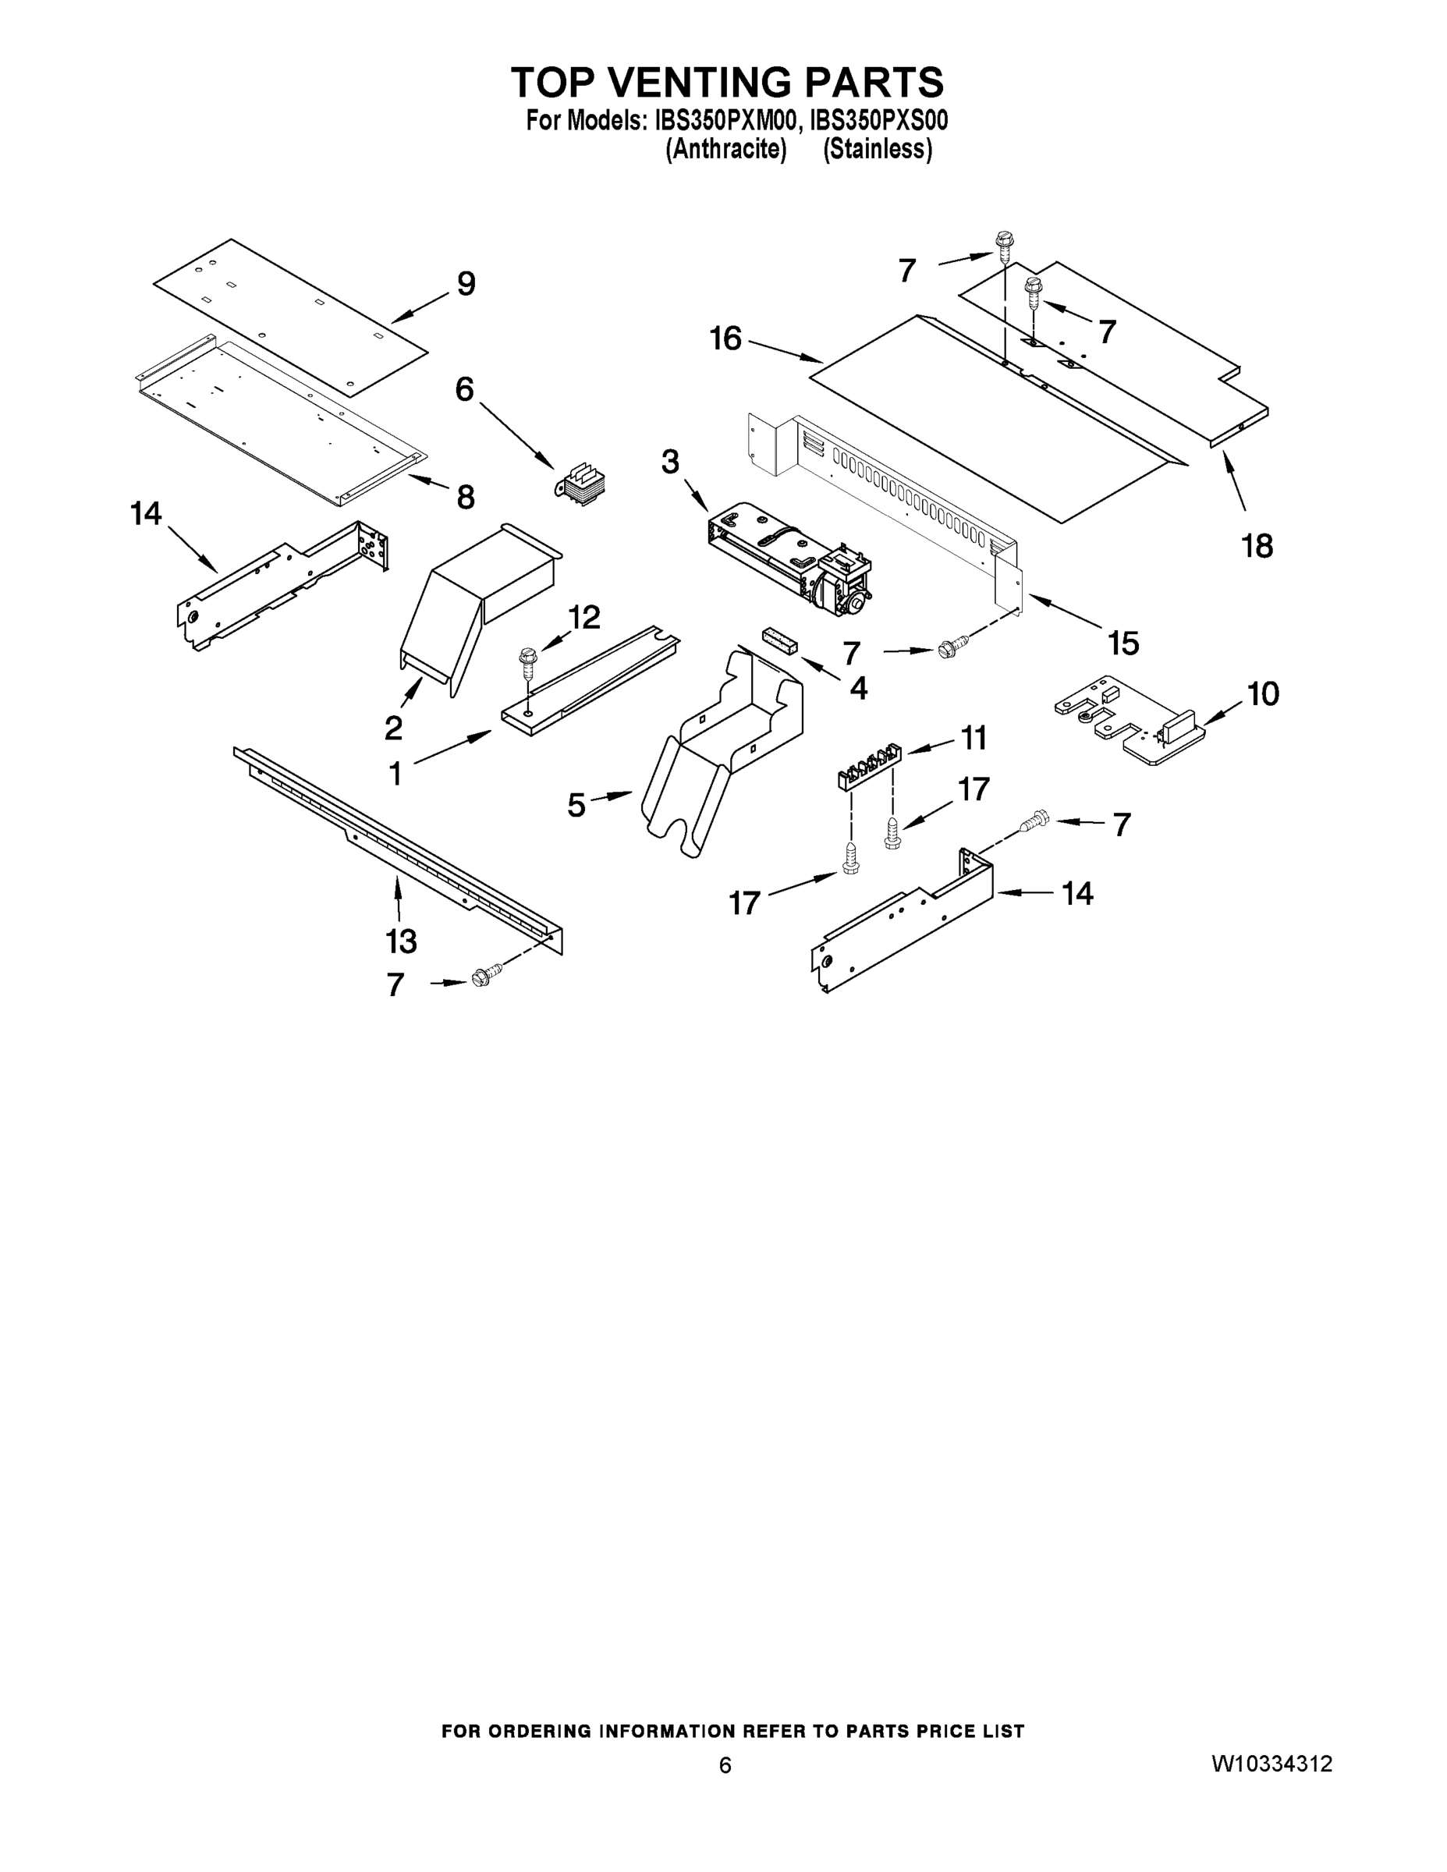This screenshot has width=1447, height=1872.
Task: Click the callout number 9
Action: tap(466, 284)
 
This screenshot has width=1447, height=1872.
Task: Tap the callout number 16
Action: tap(725, 339)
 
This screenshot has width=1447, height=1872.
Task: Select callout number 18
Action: tap(1257, 545)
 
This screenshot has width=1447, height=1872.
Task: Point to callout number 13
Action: tap(401, 941)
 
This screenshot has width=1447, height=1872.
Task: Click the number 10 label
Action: tap(1263, 693)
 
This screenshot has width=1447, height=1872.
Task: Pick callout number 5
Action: tap(576, 805)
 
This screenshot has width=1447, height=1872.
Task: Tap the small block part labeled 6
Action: tap(580, 484)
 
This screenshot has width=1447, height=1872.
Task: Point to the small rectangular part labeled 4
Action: tap(779, 640)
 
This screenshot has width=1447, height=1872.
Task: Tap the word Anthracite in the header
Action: tap(726, 149)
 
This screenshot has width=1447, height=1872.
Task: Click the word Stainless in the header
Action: tap(877, 149)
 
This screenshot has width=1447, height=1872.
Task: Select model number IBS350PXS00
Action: tap(878, 121)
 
